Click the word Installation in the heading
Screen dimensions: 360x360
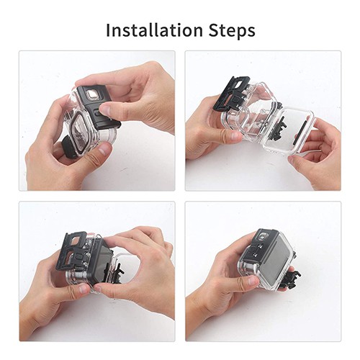click(x=154, y=30)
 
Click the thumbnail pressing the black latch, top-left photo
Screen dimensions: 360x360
click(x=105, y=110)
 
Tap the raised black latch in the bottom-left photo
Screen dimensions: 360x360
click(x=74, y=251)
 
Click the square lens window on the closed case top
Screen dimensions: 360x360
click(x=264, y=235)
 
